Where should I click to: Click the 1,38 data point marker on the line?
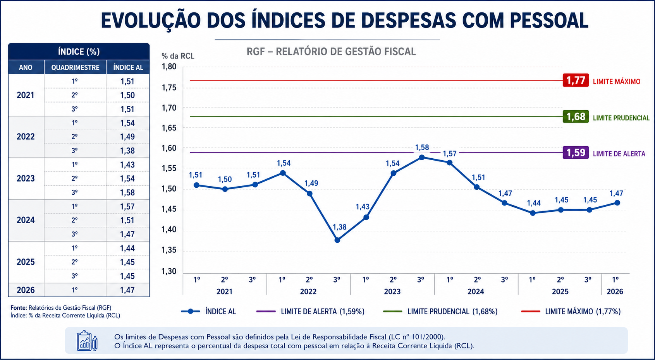337,240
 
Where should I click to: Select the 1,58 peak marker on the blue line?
422,158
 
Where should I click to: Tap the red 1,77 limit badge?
576,81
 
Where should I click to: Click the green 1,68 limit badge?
576,117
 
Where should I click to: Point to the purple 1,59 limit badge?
576,153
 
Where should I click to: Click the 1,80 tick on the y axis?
169,67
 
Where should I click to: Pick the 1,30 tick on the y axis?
169,271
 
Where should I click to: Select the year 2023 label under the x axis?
392,291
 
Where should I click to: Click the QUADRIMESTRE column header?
75,67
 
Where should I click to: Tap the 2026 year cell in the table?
26,290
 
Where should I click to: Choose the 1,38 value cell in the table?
127,151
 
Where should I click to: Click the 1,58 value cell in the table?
127,192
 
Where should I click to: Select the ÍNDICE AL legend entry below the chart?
208,312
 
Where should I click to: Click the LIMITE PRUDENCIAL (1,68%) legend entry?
440,312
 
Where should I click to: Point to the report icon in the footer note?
87,340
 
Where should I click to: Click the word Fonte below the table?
19,308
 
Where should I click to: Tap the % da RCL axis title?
178,56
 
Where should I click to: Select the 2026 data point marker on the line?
617,203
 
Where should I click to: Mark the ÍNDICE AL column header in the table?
128,67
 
